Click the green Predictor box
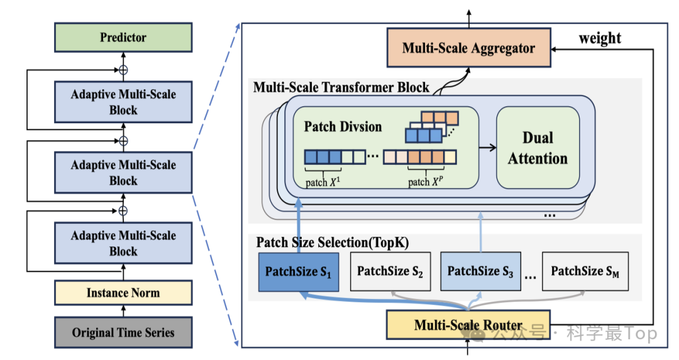click(x=123, y=38)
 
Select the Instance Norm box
click(x=123, y=293)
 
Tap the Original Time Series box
click(x=123, y=332)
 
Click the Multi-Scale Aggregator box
click(x=469, y=48)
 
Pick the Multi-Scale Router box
click(x=468, y=325)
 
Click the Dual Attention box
click(x=538, y=148)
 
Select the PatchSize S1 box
click(x=299, y=272)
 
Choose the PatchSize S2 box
click(x=390, y=271)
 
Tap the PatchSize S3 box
click(x=481, y=271)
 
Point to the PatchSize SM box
click(x=585, y=271)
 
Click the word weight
click(x=600, y=38)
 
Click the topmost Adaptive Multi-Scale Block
click(x=123, y=102)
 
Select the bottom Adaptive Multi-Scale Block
click(x=123, y=243)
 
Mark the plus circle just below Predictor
click(x=123, y=70)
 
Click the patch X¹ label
click(x=323, y=182)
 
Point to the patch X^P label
click(x=425, y=182)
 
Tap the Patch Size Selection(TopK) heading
click(x=332, y=243)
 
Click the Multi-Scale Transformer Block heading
click(x=341, y=87)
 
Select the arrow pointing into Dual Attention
click(x=488, y=148)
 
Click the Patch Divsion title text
click(x=343, y=126)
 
